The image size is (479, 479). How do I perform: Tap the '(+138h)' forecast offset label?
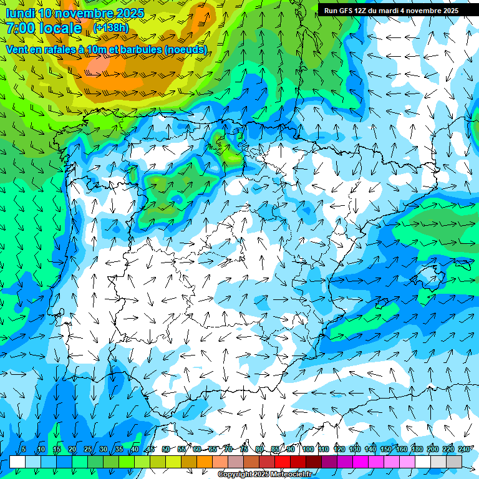coord(110,27)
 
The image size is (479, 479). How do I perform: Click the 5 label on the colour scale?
coord(24,449)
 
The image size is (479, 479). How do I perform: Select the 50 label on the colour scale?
coord(165,449)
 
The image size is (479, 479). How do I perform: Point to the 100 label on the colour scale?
coord(308,449)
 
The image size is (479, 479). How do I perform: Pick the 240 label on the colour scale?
coord(465,449)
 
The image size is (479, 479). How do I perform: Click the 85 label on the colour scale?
coord(275,449)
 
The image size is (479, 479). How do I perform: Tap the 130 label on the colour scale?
coord(355,449)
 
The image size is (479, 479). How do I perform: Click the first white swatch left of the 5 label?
coord(17,461)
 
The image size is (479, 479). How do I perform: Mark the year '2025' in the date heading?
coord(129,13)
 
